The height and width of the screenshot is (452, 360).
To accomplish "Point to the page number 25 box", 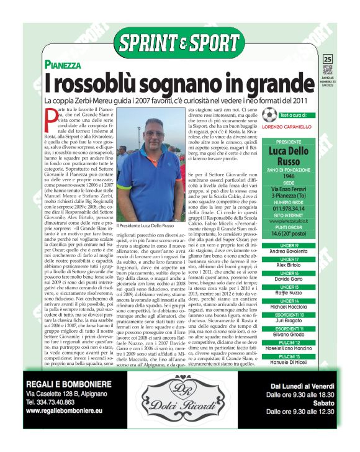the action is (328, 59).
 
